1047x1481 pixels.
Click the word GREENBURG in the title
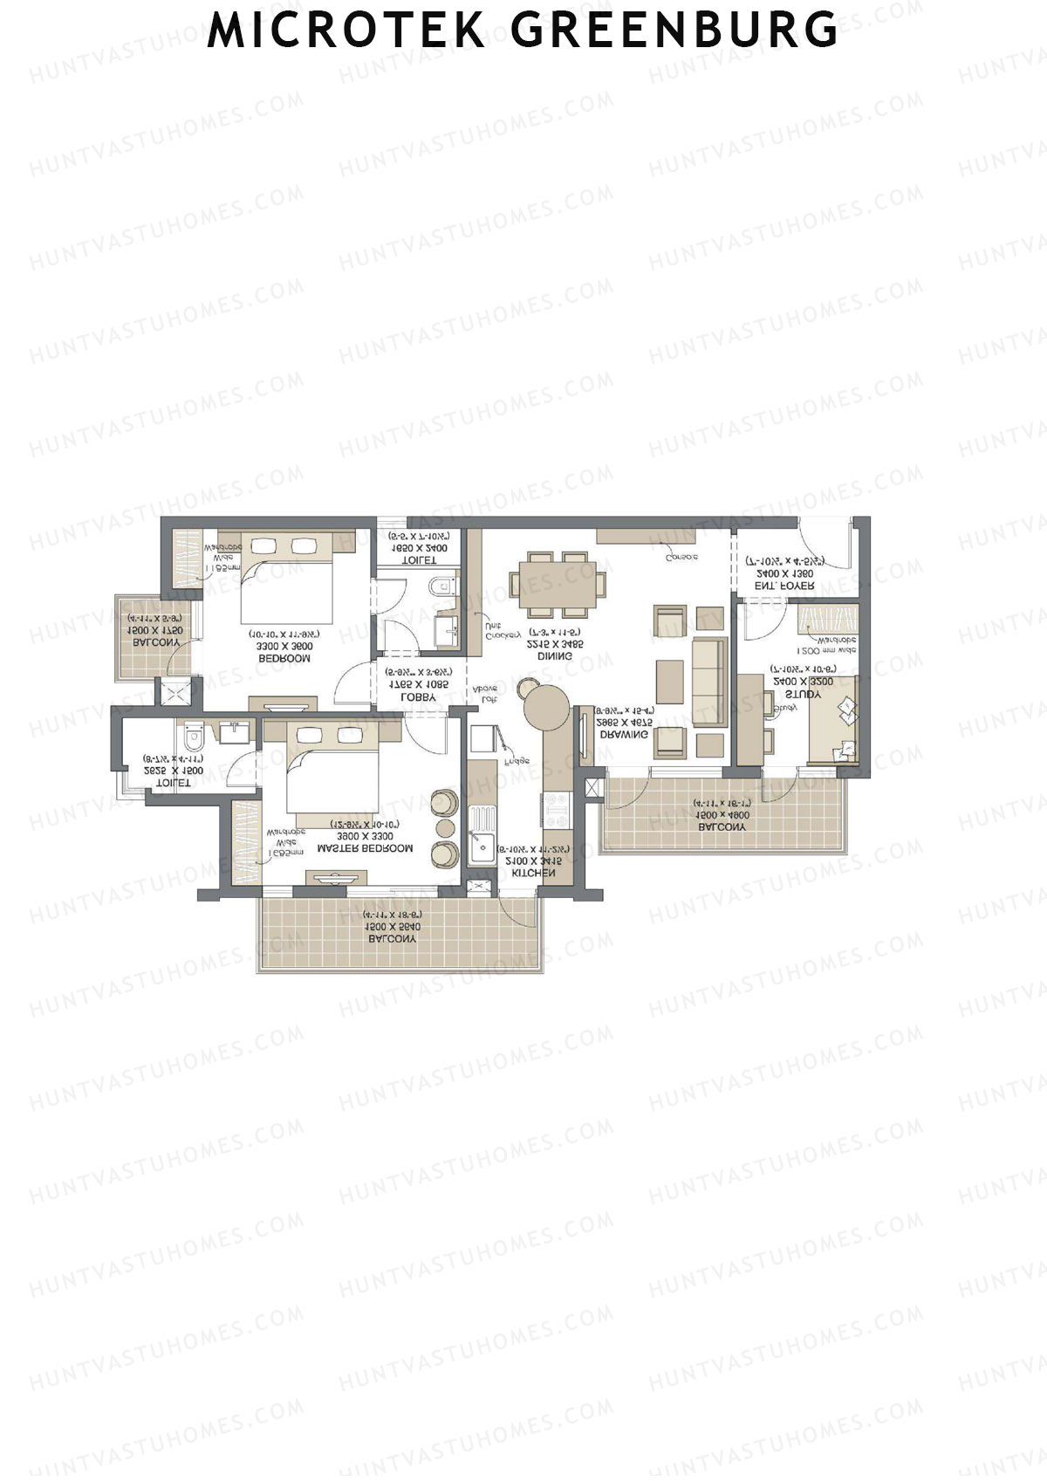pos(674,30)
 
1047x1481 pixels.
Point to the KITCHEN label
pos(533,873)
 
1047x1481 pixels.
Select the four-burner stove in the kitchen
pos(555,809)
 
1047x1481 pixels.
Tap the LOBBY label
pos(418,697)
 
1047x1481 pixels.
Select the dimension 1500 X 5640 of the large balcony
pos(393,927)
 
